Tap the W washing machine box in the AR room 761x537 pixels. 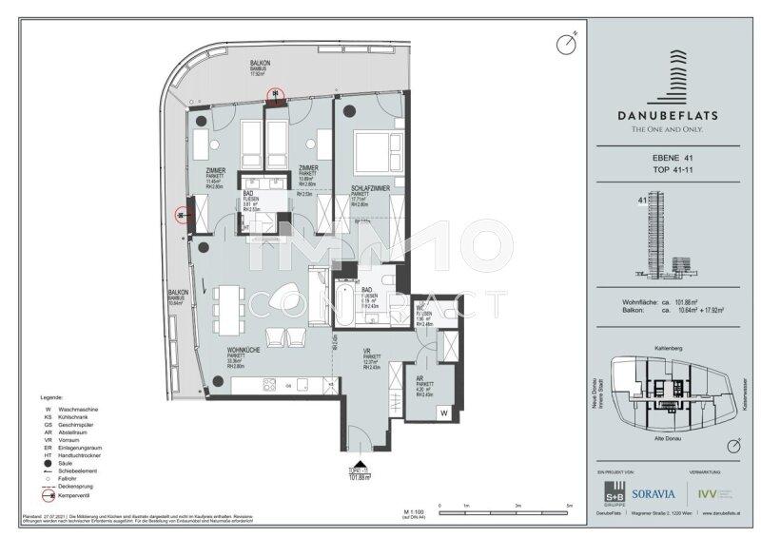click(443, 412)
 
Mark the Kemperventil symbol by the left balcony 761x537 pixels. click(181, 215)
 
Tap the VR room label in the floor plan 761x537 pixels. click(366, 353)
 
